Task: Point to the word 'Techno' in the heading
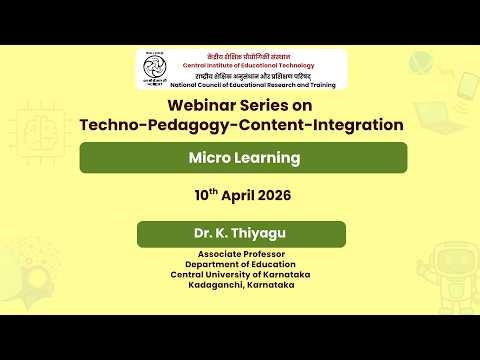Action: click(110, 125)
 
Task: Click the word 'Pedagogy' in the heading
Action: click(189, 125)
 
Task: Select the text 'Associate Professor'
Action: click(242, 254)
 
